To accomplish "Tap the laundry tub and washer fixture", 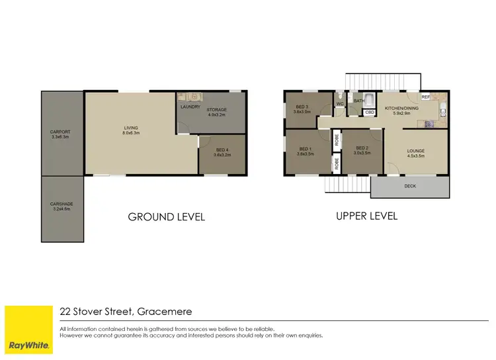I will pos(192,97).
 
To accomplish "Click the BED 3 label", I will pos(302,109).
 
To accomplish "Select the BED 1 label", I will pos(306,151).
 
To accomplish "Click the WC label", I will pos(340,104).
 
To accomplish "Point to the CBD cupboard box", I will pos(370,112).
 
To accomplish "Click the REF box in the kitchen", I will pos(426,97).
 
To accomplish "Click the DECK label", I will pos(410,187).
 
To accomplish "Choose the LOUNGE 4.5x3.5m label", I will pos(416,154).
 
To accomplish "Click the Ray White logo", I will pos(28,330).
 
